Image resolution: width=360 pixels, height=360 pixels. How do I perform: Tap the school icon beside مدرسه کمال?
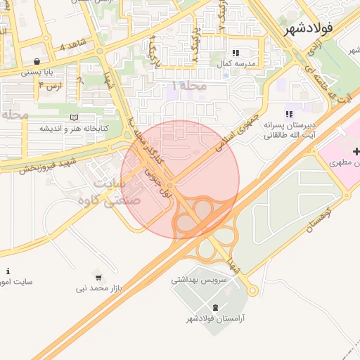click(x=236, y=53)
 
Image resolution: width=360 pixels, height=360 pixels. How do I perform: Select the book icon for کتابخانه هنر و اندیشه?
click(x=75, y=117)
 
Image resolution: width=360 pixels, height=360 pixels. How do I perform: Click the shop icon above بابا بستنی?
click(x=36, y=61)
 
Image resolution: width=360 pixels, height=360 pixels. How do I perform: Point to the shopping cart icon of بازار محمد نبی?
click(x=98, y=276)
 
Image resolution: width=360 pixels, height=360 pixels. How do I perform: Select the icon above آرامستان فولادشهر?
click(x=215, y=307)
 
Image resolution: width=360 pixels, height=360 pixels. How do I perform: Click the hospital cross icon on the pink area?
click(x=356, y=152)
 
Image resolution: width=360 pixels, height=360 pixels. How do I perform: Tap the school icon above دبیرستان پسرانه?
click(x=288, y=114)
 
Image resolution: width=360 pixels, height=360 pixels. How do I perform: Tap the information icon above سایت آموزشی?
click(x=8, y=271)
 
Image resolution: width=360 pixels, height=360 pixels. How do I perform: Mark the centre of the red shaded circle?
click(x=180, y=179)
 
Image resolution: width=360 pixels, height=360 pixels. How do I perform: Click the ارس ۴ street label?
click(x=50, y=86)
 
